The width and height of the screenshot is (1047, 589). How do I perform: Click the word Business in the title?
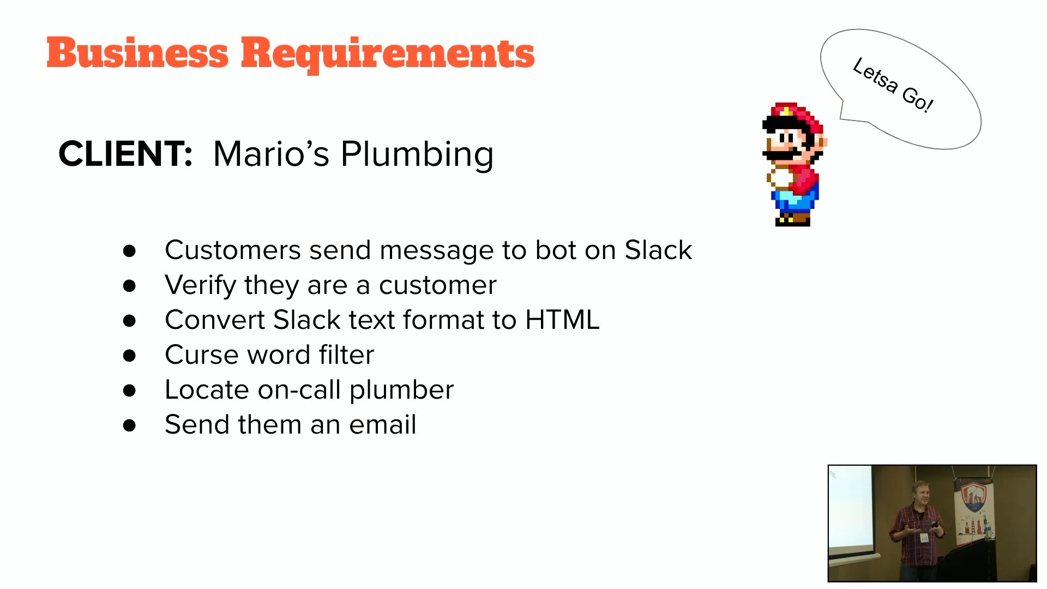pos(137,53)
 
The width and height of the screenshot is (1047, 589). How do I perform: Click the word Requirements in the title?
pos(388,55)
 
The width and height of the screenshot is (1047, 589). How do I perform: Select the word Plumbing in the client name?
pos(417,155)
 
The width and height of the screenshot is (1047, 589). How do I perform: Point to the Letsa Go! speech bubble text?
pos(893,85)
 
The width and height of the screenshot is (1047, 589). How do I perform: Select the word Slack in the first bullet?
pos(658,250)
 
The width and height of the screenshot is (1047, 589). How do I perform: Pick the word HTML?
pos(562,320)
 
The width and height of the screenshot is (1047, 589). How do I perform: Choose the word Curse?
pos(202,354)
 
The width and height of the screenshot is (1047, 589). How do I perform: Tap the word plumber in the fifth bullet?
pos(401,390)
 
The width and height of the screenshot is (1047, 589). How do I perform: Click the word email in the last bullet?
pos(383,424)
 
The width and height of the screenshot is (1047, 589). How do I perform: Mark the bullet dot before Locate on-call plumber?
pos(129,390)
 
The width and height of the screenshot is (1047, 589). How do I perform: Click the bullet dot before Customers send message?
pos(129,251)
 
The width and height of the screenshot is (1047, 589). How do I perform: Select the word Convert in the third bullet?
pos(215,320)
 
